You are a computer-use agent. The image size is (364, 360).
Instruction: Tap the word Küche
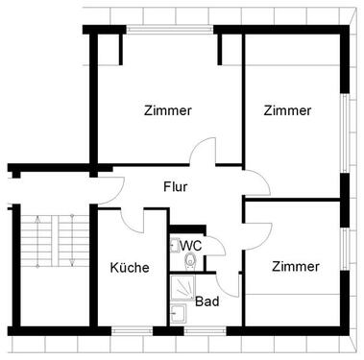pos(130,268)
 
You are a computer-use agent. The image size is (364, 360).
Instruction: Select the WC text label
pos(191,246)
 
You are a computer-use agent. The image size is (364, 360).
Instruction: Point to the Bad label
pos(206,301)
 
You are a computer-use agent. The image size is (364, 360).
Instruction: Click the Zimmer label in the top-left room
pos(168,110)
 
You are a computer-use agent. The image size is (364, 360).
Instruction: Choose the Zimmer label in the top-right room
pos(288,110)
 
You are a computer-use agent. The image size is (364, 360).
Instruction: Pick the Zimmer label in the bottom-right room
pos(295,265)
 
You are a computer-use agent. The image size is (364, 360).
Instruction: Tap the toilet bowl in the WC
pos(191,261)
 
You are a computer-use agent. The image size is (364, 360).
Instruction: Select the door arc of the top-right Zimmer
pos(252,182)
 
